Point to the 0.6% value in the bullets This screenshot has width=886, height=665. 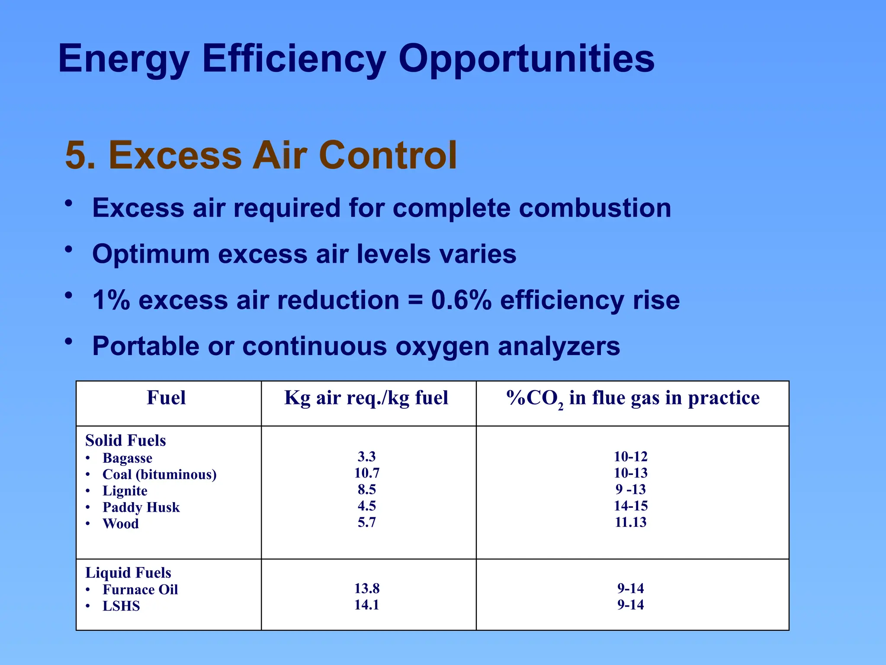click(461, 300)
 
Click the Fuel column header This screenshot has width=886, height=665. click(166, 398)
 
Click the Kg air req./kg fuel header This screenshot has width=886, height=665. click(366, 398)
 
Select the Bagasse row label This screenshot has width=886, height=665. click(127, 458)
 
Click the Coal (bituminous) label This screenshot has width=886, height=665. click(159, 475)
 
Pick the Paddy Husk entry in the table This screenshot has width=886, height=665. click(141, 507)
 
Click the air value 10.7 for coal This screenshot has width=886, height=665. click(367, 473)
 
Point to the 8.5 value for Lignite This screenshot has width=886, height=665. click(367, 490)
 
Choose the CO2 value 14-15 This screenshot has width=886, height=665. click(631, 506)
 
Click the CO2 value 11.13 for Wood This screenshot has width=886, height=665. click(631, 523)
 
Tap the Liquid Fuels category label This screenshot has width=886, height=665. click(128, 573)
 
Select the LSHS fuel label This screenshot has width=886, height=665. click(121, 606)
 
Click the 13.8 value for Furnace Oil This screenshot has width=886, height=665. click(367, 589)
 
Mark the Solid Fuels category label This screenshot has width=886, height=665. click(125, 441)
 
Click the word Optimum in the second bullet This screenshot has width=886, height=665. click(151, 254)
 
